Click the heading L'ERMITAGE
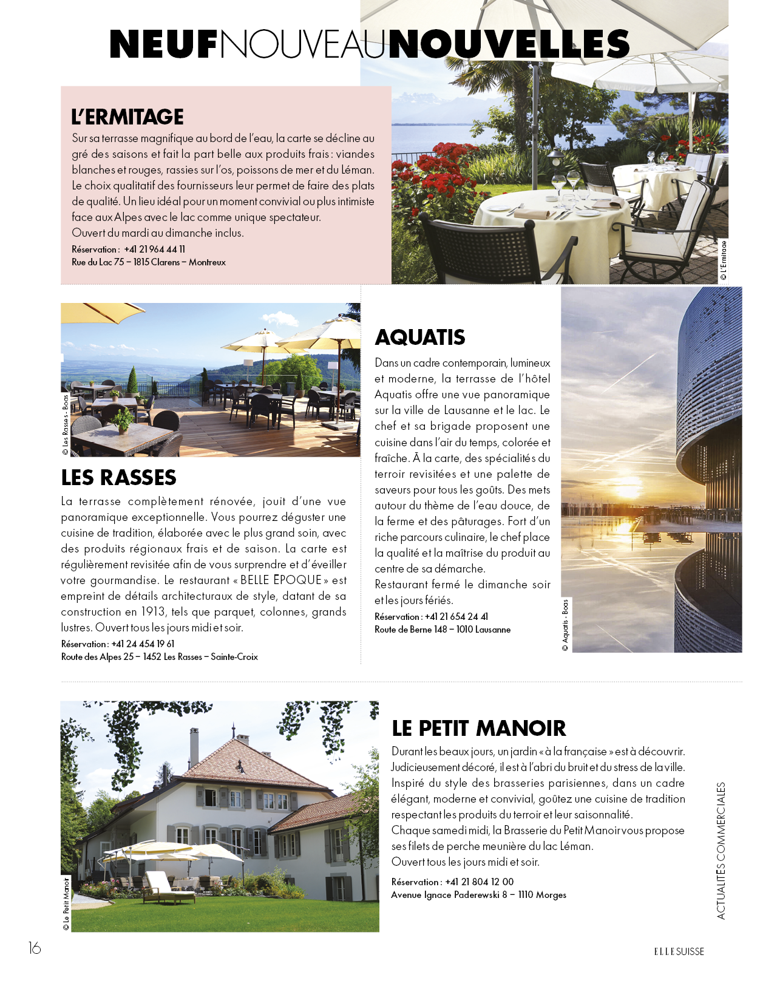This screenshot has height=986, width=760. [127, 117]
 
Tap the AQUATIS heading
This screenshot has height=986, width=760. [420, 337]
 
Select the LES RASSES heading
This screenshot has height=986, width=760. [118, 478]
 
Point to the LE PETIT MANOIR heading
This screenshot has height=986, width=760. [478, 728]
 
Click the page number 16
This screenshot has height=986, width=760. [35, 948]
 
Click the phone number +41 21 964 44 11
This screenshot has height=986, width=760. [155, 250]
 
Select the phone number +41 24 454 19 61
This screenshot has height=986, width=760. [143, 644]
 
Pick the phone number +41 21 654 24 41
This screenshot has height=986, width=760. [456, 617]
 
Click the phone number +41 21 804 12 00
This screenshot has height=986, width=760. [480, 882]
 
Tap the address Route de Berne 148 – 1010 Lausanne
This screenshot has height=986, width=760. [443, 630]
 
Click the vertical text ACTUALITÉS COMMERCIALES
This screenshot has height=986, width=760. [721, 851]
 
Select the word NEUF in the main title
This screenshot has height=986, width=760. [163, 44]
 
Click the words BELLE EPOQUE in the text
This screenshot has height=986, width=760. [281, 580]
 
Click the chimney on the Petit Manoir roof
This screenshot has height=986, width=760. [194, 745]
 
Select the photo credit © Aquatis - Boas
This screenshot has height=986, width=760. [565, 625]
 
